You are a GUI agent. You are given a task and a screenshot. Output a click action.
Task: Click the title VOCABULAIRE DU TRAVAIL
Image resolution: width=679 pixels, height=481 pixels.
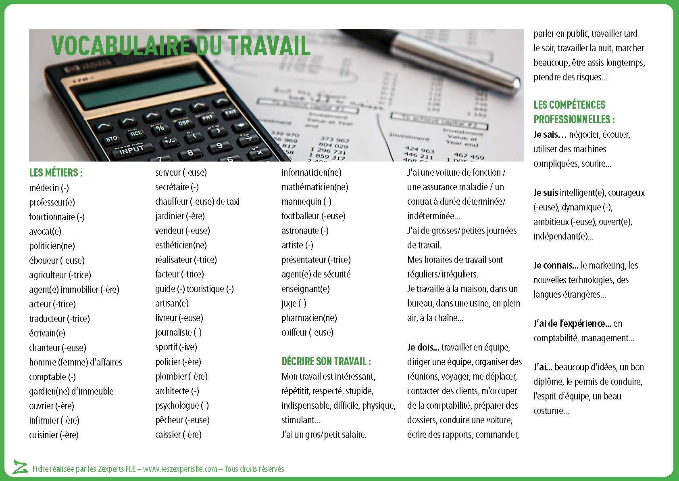(x=181, y=45)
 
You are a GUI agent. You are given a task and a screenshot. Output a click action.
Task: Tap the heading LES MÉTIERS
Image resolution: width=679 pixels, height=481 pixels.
(x=56, y=173)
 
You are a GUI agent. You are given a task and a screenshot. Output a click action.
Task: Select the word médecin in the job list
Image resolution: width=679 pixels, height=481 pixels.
(x=44, y=188)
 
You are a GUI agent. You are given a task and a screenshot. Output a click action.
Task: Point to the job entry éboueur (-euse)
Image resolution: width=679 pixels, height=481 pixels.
(x=56, y=260)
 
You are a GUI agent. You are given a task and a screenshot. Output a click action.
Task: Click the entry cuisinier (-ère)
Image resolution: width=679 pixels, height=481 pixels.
(x=54, y=435)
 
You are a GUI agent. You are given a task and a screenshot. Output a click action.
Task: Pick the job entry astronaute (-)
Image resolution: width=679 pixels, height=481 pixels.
(x=305, y=231)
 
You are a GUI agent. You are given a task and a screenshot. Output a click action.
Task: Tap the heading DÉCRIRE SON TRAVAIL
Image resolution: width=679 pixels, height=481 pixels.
(x=326, y=361)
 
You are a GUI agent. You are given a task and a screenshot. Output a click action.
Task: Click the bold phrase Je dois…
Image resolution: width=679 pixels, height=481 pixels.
(x=423, y=347)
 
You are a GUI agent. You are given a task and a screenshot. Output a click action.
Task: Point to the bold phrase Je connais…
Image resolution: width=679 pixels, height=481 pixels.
(x=556, y=265)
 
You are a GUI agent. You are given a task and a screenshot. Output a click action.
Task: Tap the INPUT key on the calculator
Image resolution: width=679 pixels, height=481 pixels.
(x=131, y=149)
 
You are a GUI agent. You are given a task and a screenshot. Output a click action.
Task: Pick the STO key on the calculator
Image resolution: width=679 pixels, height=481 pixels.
(x=111, y=139)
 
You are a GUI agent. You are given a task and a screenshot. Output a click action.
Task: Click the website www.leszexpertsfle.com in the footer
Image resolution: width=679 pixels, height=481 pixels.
(x=180, y=469)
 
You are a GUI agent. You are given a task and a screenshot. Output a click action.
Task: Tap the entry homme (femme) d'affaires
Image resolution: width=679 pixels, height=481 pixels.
(x=75, y=362)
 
